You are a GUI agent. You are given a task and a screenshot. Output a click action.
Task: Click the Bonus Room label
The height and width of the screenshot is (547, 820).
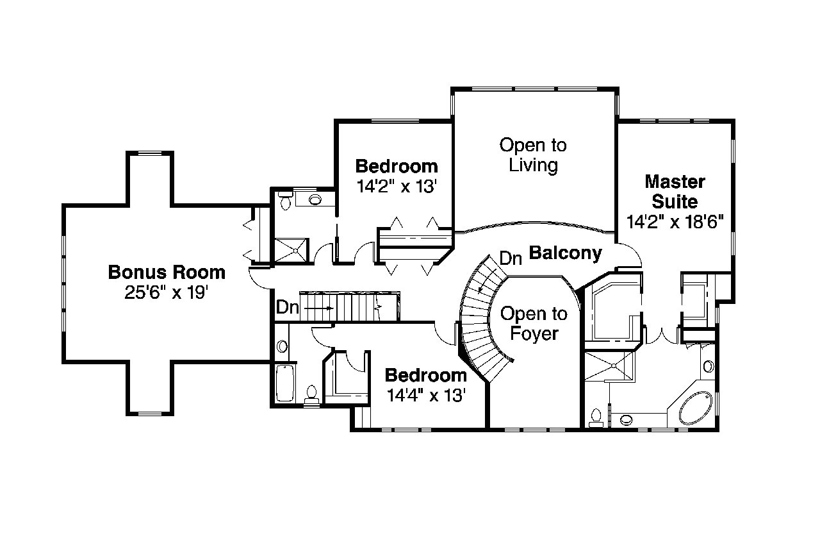pos(167,273)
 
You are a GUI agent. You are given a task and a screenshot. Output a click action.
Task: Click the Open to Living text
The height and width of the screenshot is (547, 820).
pos(533,155)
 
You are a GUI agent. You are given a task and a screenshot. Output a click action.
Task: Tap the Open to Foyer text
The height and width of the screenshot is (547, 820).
pos(534,324)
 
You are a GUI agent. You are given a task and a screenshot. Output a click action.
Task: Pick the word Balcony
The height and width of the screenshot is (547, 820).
pos(565,253)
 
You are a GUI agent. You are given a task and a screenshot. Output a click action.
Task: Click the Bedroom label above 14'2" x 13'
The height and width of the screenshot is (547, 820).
pos(397,167)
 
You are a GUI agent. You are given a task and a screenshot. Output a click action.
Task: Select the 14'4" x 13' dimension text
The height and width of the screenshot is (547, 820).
pos(425,395)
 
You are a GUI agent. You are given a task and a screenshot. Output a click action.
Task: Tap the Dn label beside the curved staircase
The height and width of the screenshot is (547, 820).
pos(511,258)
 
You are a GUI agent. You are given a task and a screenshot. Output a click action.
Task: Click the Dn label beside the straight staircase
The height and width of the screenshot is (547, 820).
pos(287,307)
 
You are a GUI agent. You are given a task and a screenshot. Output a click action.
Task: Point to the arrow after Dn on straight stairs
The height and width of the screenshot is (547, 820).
pos(318,308)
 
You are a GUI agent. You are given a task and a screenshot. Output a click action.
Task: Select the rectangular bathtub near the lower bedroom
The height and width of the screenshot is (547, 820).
pos(284,383)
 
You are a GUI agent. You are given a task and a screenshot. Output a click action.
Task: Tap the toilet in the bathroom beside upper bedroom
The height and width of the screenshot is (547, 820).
pos(285,201)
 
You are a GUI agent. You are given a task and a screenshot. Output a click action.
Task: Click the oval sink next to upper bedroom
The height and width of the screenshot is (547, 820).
pos(316,199)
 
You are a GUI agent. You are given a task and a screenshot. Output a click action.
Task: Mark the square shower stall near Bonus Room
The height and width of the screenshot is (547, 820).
pos(291,250)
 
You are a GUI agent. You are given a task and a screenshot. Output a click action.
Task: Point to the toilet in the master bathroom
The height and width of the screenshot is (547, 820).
pos(596,417)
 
